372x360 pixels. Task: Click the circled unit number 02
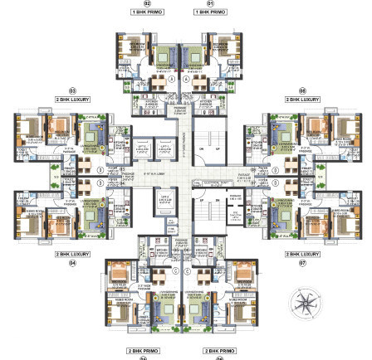click(147, 4)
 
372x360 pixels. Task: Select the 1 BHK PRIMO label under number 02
click(147, 12)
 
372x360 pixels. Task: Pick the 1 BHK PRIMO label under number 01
click(210, 12)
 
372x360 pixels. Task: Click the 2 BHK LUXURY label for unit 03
click(72, 99)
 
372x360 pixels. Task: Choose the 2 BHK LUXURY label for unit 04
click(72, 254)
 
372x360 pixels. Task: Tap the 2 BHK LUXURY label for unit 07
click(302, 254)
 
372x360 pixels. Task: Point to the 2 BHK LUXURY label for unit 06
click(302, 99)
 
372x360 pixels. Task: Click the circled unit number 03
click(72, 91)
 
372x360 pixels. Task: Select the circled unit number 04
click(72, 261)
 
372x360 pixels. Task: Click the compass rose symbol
click(304, 302)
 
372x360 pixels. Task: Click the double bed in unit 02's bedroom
click(130, 49)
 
